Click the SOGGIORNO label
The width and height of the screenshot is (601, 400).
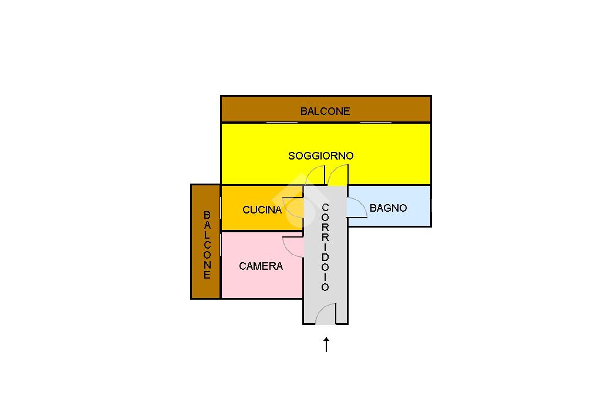point(320,156)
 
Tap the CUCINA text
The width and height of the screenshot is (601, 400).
point(262,210)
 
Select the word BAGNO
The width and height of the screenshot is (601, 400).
point(388,208)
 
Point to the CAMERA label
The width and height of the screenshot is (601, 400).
point(261,266)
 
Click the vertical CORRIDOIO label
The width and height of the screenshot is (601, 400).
point(325,247)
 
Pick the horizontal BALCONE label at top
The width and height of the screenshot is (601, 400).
point(325,111)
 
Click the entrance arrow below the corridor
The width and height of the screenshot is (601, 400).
point(326,344)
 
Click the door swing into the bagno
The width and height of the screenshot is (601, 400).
point(357,208)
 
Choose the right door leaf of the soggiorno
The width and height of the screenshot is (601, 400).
point(337,175)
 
